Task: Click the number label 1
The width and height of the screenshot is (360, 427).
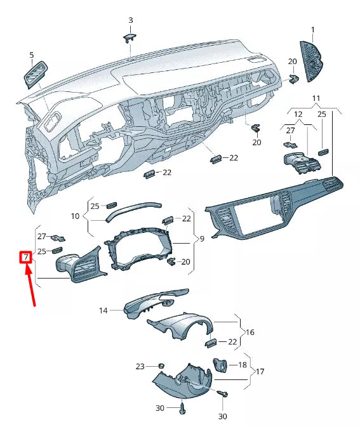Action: [x=313, y=30]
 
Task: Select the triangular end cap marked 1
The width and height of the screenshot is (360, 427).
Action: [x=312, y=62]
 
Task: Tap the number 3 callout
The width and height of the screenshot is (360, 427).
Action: [x=131, y=20]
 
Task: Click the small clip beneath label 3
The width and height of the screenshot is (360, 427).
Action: [x=130, y=37]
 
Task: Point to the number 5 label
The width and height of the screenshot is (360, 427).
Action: [x=32, y=55]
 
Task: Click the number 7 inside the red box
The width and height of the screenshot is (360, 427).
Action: [x=26, y=258]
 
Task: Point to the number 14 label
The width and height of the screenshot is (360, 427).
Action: [x=103, y=310]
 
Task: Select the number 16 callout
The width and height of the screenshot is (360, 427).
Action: [x=250, y=332]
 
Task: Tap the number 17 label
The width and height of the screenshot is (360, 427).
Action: [x=259, y=371]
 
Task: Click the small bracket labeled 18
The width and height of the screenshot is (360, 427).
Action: [x=220, y=366]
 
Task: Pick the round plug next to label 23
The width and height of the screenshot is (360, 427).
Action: [x=161, y=366]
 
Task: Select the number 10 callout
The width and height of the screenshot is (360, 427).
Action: [x=75, y=216]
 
